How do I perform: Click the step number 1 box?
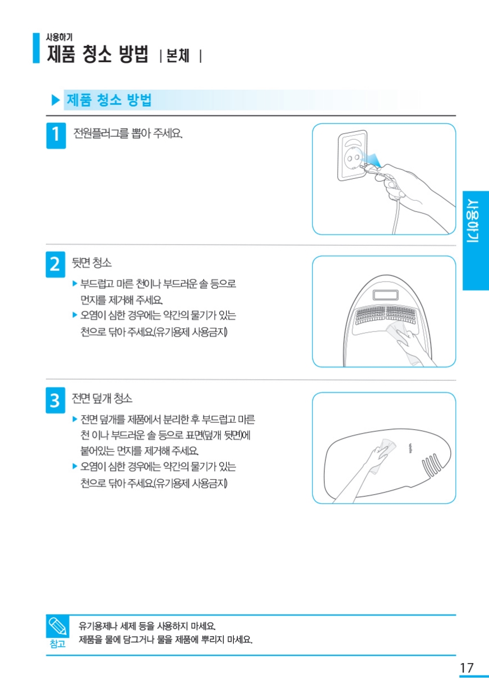click(x=56, y=136)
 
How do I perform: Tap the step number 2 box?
click(x=55, y=264)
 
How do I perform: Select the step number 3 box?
click(x=55, y=401)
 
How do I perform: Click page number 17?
click(x=467, y=668)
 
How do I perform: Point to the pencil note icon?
click(x=57, y=626)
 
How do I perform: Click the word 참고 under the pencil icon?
click(x=58, y=644)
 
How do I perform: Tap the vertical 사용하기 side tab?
click(x=476, y=241)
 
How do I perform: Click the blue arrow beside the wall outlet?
click(x=373, y=160)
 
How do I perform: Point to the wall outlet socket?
click(x=353, y=155)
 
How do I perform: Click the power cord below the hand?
click(x=395, y=217)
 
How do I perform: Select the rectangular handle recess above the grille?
click(x=385, y=294)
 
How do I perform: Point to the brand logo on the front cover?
click(x=410, y=448)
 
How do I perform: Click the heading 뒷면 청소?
click(x=91, y=263)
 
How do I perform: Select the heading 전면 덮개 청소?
click(x=102, y=398)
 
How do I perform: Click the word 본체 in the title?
click(x=178, y=56)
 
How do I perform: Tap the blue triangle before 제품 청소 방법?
click(x=56, y=100)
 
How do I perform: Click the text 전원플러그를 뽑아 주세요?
click(x=128, y=134)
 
